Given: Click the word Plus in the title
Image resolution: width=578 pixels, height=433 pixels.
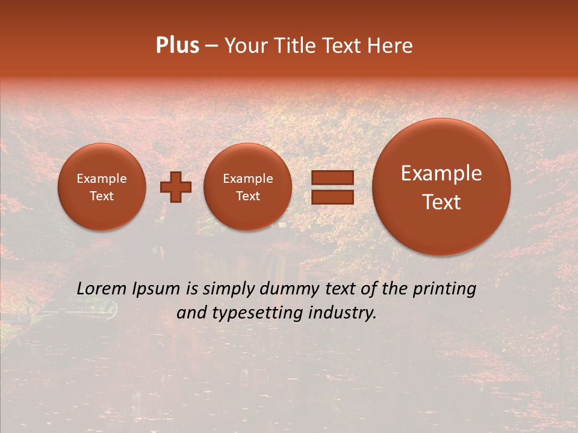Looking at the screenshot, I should (177, 46).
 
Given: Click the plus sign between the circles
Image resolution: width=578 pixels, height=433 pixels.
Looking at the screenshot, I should (175, 187).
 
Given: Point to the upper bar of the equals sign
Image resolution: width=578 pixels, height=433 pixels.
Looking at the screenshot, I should (332, 177).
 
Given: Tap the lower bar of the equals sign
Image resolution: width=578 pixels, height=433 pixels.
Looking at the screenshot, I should (332, 197).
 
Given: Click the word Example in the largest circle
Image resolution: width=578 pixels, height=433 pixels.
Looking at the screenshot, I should (441, 173).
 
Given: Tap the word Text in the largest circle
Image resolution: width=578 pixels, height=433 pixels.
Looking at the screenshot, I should (441, 202).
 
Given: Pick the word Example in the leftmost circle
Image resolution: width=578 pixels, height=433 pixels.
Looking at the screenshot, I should (102, 179).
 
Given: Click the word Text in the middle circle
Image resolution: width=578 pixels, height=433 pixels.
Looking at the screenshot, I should (247, 196).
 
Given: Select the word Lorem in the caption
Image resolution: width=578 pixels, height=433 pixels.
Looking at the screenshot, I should (102, 289).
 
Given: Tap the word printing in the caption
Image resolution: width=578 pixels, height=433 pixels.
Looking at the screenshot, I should (446, 289).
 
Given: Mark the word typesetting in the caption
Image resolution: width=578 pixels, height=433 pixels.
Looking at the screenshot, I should (254, 313).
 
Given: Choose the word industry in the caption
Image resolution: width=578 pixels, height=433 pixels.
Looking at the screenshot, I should (346, 313).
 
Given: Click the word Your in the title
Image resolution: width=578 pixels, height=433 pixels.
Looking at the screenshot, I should (244, 46).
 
